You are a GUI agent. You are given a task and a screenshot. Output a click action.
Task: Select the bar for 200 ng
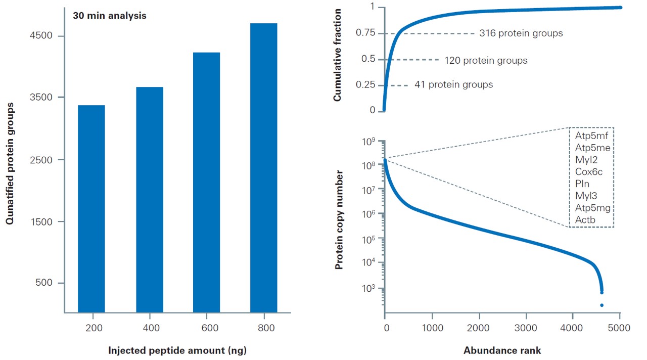pyautogui.click(x=91, y=208)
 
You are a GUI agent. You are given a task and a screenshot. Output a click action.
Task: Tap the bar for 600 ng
pyautogui.click(x=206, y=182)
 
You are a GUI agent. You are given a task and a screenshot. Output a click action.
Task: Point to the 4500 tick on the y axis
pyautogui.click(x=43, y=36)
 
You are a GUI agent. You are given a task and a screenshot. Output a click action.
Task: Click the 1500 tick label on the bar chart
pyautogui.click(x=43, y=221)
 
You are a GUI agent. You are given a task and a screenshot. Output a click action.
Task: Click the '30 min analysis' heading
pyautogui.click(x=110, y=16)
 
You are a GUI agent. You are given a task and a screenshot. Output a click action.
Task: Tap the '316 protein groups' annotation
pyautogui.click(x=521, y=34)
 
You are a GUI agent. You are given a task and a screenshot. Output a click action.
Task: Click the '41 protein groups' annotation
pyautogui.click(x=453, y=85)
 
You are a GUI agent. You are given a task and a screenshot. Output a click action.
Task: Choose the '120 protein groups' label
pyautogui.click(x=486, y=61)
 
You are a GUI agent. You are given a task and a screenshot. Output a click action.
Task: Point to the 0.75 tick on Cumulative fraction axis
pyautogui.click(x=366, y=33)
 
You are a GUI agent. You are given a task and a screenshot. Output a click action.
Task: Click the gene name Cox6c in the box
pyautogui.click(x=588, y=172)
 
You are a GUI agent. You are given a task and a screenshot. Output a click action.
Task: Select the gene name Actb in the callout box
pyautogui.click(x=585, y=220)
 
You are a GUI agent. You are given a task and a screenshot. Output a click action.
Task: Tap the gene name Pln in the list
pyautogui.click(x=582, y=184)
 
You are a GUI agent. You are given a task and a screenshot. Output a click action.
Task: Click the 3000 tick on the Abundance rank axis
pyautogui.click(x=526, y=328)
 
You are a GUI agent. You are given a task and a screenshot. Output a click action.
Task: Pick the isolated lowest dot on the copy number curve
pyautogui.click(x=602, y=305)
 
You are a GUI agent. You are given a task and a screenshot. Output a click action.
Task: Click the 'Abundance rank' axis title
pyautogui.click(x=502, y=350)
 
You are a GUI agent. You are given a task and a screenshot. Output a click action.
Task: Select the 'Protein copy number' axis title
pyautogui.click(x=340, y=220)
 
